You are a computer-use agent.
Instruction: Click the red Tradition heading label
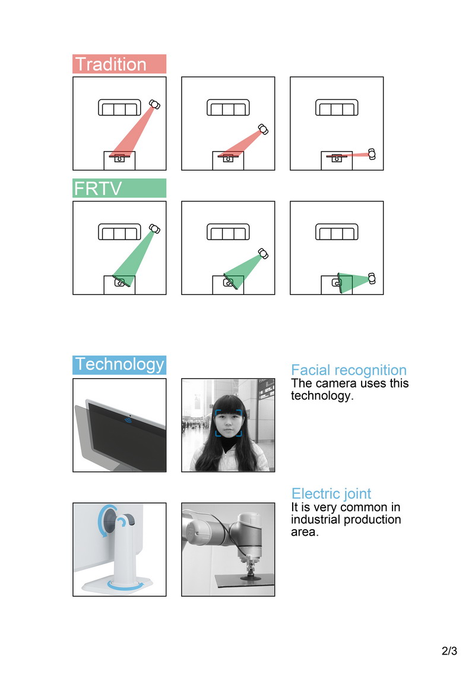pos(119,64)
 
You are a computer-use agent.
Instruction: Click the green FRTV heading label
pos(119,188)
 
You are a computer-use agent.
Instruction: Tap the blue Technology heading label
pos(119,365)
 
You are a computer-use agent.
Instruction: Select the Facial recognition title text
pos(349,370)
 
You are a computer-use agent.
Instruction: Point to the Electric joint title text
pos(331,493)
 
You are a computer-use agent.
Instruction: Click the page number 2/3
pos(449,650)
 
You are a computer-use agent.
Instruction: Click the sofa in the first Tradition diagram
pos(119,107)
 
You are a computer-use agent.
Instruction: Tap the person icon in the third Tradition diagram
pos(372,154)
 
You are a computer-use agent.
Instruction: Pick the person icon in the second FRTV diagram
pos(263,254)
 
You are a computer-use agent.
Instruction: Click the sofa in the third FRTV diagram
pos(337,232)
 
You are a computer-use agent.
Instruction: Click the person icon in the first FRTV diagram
pos(154,229)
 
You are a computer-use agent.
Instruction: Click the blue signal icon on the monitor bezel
pos(128,419)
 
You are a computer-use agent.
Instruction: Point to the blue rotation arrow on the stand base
pos(124,586)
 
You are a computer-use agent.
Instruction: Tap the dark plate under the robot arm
pos(245,581)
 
